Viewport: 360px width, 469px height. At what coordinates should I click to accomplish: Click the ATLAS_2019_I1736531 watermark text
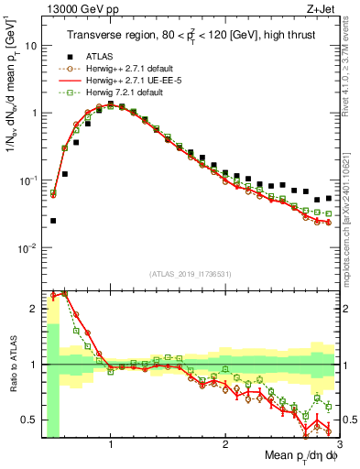coord(191,274)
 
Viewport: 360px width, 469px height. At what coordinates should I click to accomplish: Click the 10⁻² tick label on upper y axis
coord(28,248)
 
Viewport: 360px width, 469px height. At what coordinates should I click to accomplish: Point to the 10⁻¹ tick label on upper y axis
coord(28,180)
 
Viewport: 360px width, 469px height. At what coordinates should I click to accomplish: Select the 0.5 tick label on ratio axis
coord(29,420)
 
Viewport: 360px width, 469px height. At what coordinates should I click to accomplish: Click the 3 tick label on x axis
coord(338,443)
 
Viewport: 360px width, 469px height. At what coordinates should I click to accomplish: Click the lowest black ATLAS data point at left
coord(53,221)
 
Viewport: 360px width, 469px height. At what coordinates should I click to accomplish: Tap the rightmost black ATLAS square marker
coord(329,196)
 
